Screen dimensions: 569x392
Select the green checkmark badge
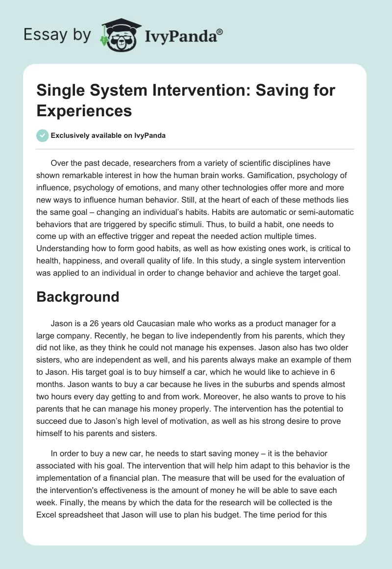click(42, 136)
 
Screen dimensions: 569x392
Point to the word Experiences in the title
click(84, 110)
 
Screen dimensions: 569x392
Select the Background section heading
click(77, 297)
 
